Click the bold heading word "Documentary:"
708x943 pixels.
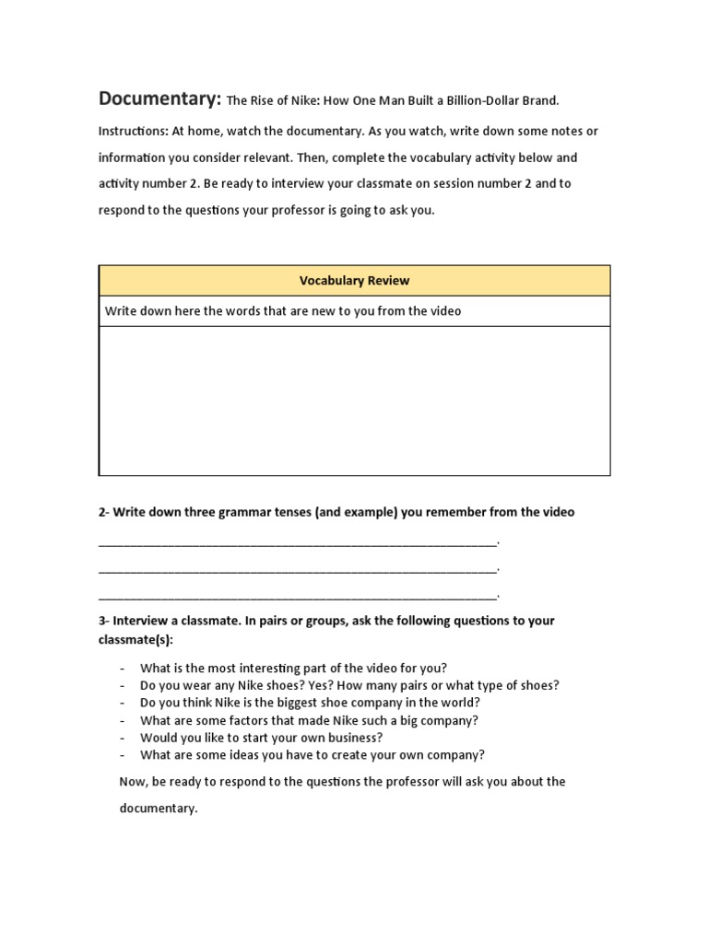pyautogui.click(x=159, y=99)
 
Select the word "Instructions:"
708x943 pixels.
pyautogui.click(x=133, y=132)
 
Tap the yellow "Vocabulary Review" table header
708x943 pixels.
pyautogui.click(x=354, y=281)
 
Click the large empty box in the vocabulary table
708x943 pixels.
pyautogui.click(x=354, y=401)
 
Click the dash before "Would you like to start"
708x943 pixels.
pyautogui.click(x=123, y=738)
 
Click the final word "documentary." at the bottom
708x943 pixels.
pyautogui.click(x=159, y=809)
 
